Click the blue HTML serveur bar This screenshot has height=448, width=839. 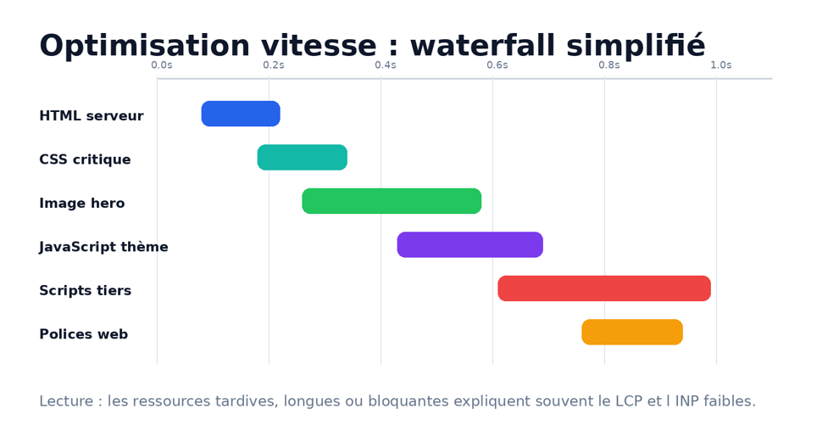click(x=241, y=114)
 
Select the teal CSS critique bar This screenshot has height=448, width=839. click(x=303, y=158)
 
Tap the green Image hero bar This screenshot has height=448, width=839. click(x=392, y=201)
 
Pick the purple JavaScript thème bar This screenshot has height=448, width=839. click(x=470, y=245)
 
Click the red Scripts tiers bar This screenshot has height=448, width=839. click(x=604, y=288)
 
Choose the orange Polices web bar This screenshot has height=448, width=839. click(x=632, y=333)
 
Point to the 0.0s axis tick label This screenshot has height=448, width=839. click(x=162, y=64)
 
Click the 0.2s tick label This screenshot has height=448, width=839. click(x=274, y=64)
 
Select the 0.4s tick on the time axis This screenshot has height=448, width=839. click(x=386, y=64)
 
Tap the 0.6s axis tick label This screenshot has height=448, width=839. click(x=497, y=64)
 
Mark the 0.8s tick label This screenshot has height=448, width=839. click(x=609, y=64)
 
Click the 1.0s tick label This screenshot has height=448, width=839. click(x=720, y=64)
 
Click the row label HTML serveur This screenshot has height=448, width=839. click(x=92, y=115)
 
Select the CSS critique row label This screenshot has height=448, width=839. click(x=85, y=160)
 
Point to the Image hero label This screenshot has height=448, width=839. click(x=82, y=203)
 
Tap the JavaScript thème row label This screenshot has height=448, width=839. click(x=103, y=247)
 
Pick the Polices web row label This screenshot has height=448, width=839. click(x=83, y=334)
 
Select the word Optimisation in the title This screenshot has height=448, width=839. click(x=144, y=46)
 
